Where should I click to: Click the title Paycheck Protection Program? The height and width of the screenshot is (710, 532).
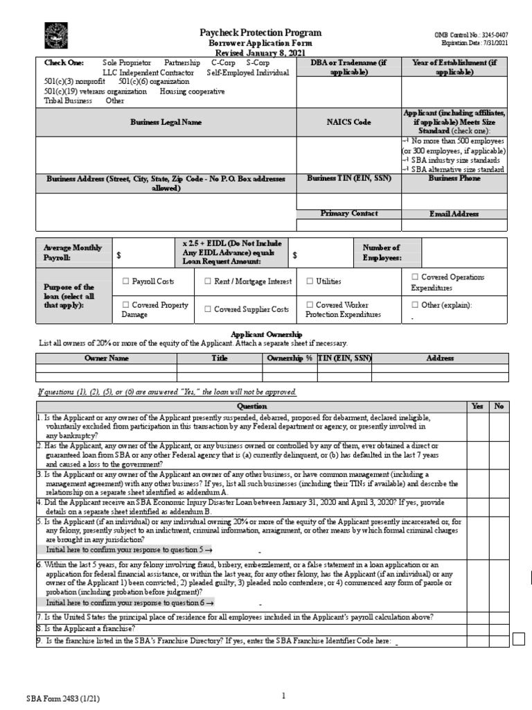pyautogui.click(x=260, y=33)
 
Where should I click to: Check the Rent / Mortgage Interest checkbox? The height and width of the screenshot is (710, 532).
pyautogui.click(x=208, y=282)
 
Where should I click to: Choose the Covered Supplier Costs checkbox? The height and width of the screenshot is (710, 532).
pyautogui.click(x=208, y=309)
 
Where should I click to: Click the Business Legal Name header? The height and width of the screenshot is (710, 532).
pyautogui.click(x=166, y=122)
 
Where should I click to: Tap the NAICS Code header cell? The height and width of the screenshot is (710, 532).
pyautogui.click(x=348, y=122)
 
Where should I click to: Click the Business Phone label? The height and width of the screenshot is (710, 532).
pyautogui.click(x=454, y=178)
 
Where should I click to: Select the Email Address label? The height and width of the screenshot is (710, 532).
pyautogui.click(x=454, y=214)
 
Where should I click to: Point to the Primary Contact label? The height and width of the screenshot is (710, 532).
pyautogui.click(x=348, y=214)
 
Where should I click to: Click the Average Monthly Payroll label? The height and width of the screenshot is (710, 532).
pyautogui.click(x=73, y=252)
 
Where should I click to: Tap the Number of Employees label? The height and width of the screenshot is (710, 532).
pyautogui.click(x=381, y=252)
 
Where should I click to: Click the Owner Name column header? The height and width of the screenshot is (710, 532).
pyautogui.click(x=107, y=358)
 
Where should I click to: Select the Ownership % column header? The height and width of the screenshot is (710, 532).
pyautogui.click(x=289, y=358)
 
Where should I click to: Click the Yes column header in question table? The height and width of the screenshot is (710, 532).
pyautogui.click(x=477, y=406)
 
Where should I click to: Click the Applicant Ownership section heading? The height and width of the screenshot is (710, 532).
pyautogui.click(x=266, y=334)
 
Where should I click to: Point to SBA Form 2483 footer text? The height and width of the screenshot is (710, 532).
pyautogui.click(x=53, y=699)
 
